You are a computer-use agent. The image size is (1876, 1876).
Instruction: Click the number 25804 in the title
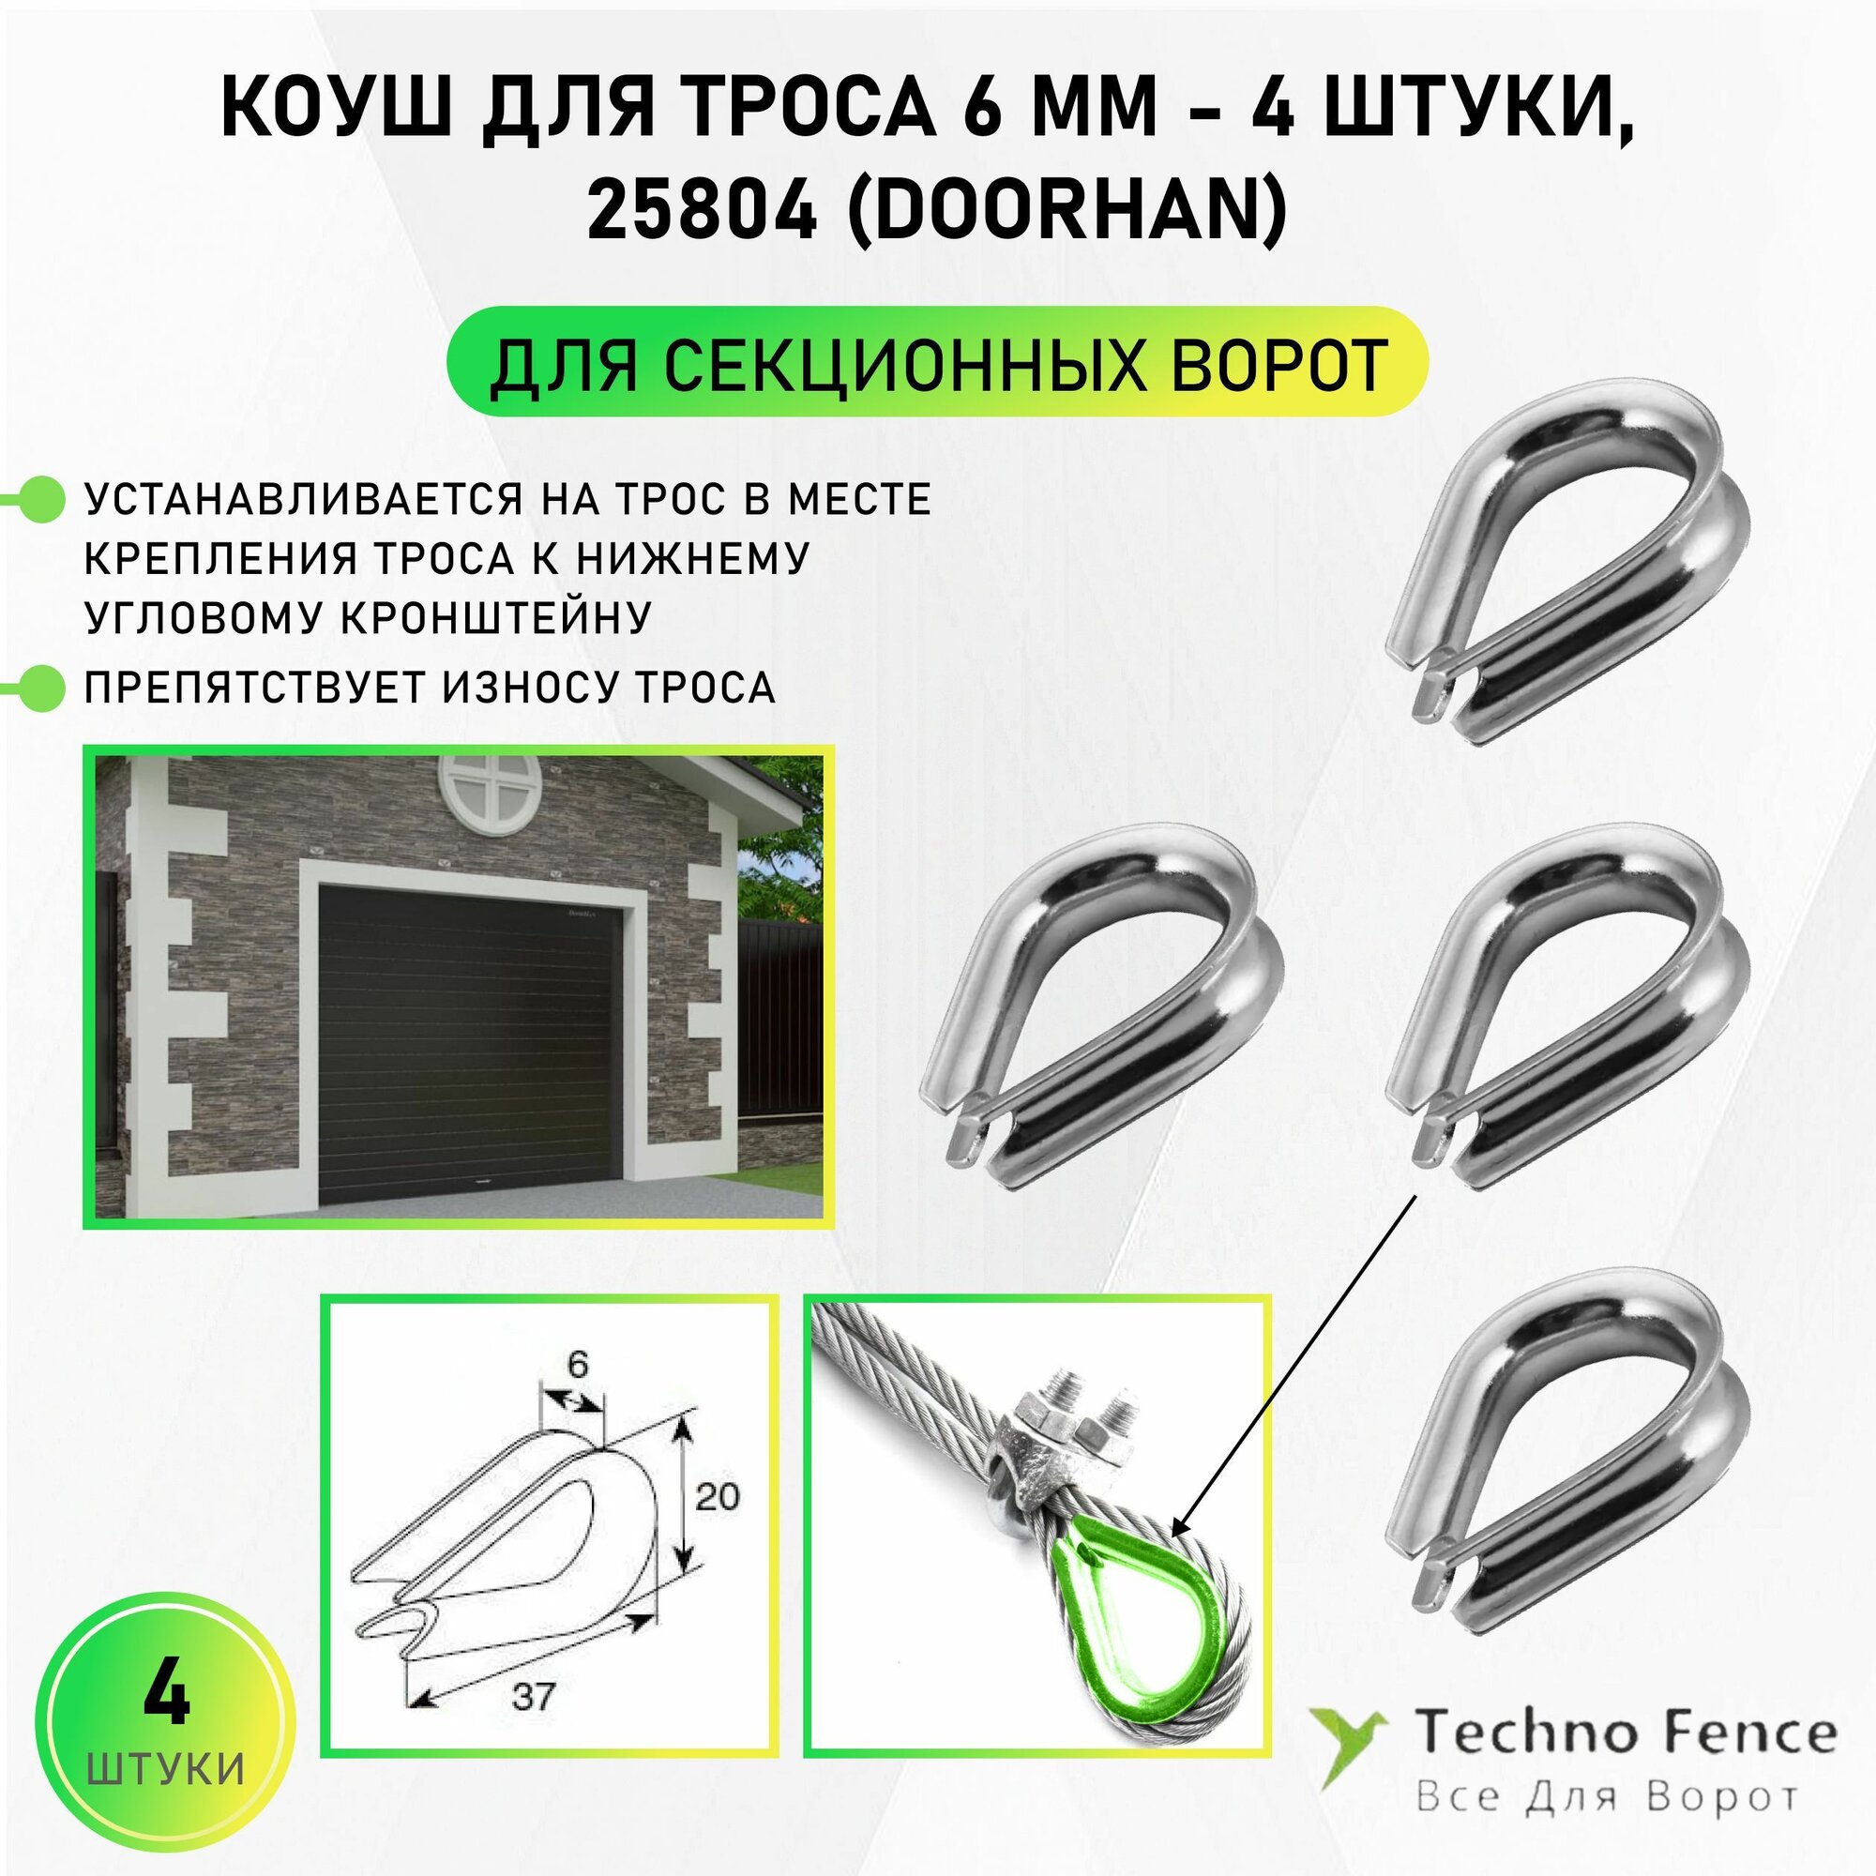701,210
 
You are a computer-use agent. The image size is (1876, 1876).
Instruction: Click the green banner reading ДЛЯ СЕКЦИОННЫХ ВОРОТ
937,363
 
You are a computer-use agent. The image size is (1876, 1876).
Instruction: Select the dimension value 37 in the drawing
533,1695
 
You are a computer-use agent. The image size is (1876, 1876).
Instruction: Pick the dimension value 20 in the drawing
717,1496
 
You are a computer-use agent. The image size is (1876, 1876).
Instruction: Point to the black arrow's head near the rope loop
1181,1528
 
